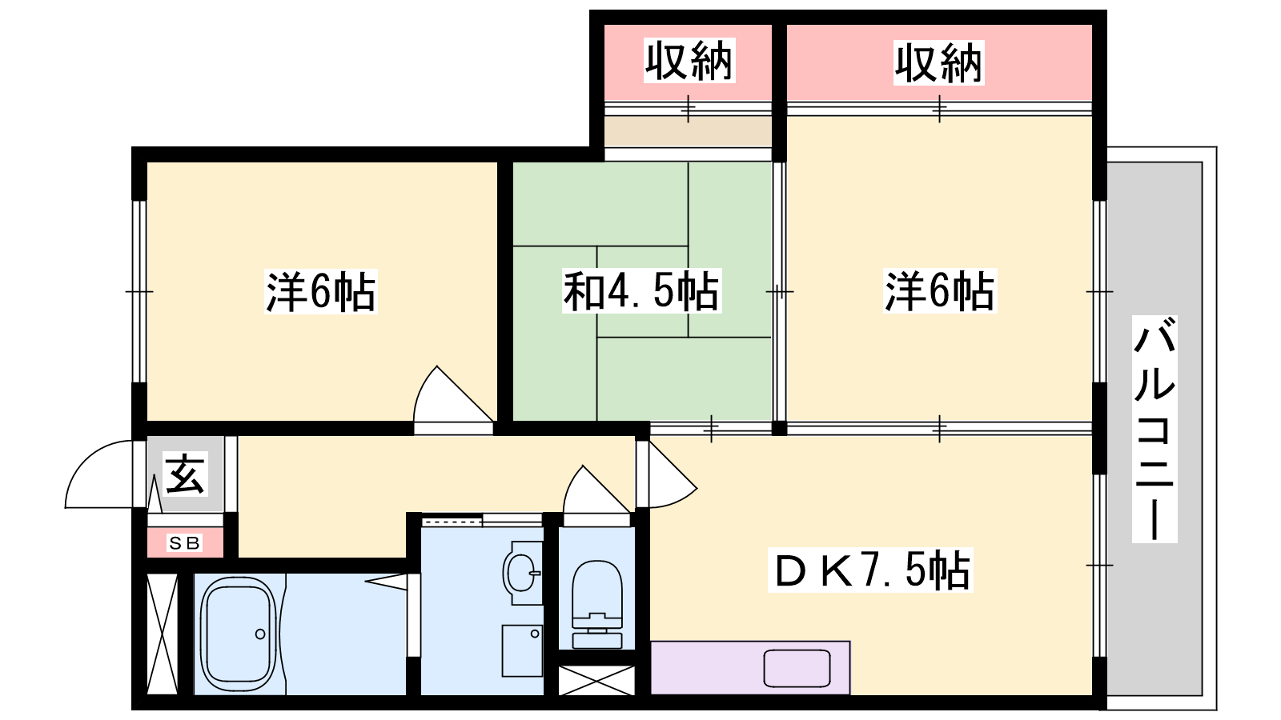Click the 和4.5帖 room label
pyautogui.click(x=641, y=291)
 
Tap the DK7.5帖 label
pyautogui.click(x=869, y=570)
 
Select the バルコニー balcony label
pyautogui.click(x=1155, y=429)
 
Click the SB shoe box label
pyautogui.click(x=185, y=542)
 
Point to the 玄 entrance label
pyautogui.click(x=185, y=474)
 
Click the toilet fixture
pyautogui.click(x=597, y=604)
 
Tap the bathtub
pyautogui.click(x=239, y=634)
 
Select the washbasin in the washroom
pyautogui.click(x=522, y=573)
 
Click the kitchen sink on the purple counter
pyautogui.click(x=797, y=668)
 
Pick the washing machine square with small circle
pyautogui.click(x=522, y=650)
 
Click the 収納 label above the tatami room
pyautogui.click(x=689, y=61)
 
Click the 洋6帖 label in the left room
pyautogui.click(x=320, y=291)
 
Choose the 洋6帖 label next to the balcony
pyautogui.click(x=940, y=291)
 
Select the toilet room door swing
pyautogui.click(x=596, y=490)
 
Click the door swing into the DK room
pyautogui.click(x=673, y=474)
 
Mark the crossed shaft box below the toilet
pyautogui.click(x=596, y=680)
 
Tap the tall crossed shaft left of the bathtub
pyautogui.click(x=163, y=634)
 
